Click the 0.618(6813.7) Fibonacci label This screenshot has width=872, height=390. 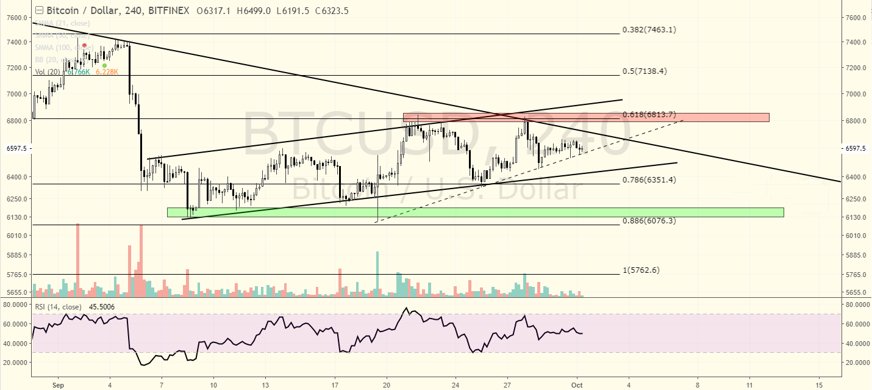(649, 115)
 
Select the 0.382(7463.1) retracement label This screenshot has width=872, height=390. (649, 29)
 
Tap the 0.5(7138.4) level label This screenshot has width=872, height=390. (645, 71)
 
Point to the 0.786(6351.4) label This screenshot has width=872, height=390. (649, 180)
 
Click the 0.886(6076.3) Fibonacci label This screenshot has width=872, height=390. (649, 221)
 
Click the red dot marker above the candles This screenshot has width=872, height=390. (84, 46)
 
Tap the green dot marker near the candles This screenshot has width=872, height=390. (105, 65)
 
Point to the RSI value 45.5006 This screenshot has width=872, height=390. (102, 307)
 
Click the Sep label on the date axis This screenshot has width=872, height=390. (59, 385)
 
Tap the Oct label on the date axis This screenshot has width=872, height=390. (577, 385)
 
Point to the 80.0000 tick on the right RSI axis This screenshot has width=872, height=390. (856, 303)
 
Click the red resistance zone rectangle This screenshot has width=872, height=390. (585, 117)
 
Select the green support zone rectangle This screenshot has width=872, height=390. (475, 212)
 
